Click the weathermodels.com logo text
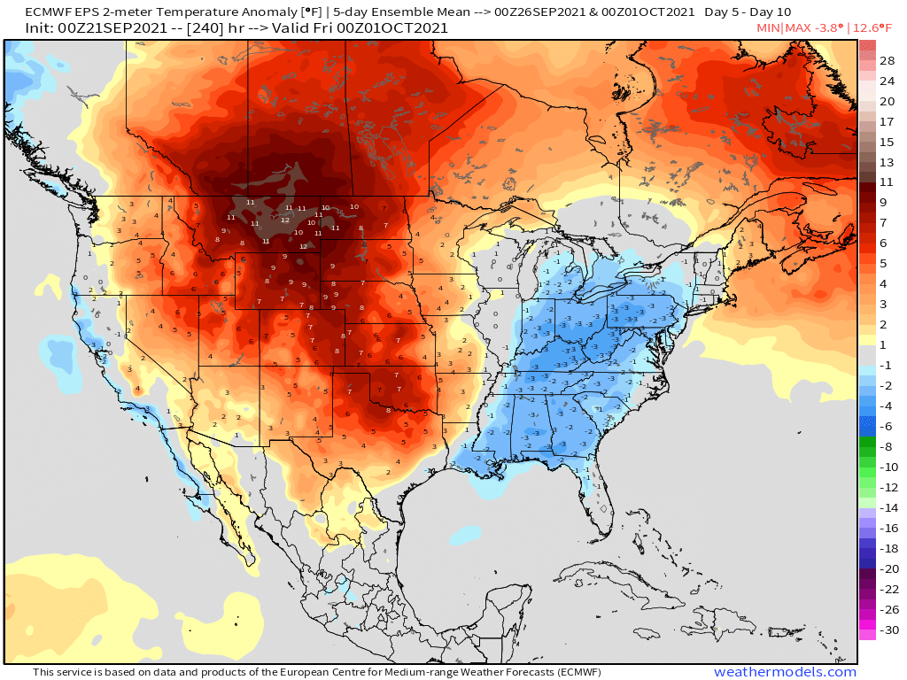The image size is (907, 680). (785, 672)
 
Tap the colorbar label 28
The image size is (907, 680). (888, 61)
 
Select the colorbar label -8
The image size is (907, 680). (888, 446)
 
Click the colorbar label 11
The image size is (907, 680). (888, 182)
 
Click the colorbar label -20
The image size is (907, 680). (888, 568)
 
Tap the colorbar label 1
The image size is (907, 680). (888, 344)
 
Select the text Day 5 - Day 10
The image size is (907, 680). (749, 12)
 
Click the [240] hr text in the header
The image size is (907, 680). (219, 28)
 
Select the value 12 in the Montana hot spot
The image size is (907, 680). (285, 219)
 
